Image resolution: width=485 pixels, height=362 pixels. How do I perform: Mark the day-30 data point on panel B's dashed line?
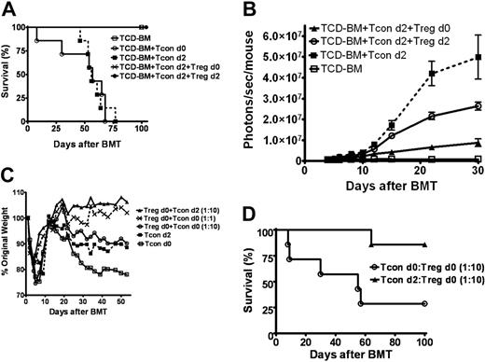click(x=478, y=57)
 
